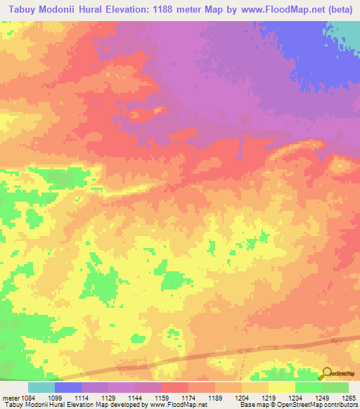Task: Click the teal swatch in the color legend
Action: point(41,387)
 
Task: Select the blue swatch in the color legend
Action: point(68,387)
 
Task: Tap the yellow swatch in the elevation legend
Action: point(282,387)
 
